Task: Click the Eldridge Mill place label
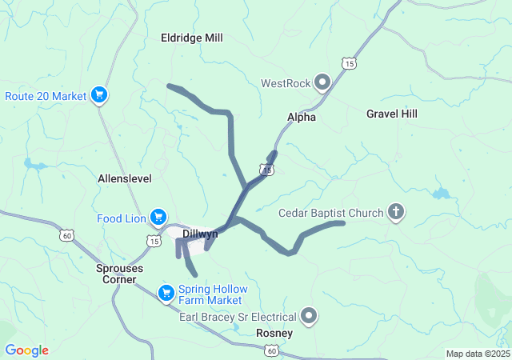[x=191, y=38]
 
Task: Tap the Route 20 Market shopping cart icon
[x=99, y=96]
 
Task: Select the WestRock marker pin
[x=322, y=82]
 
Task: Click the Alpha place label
[x=302, y=117]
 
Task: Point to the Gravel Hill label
[x=391, y=114]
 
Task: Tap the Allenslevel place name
[x=124, y=179]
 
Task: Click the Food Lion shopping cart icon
[x=158, y=218]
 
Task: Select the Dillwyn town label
[x=200, y=234]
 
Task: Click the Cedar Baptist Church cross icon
[x=394, y=213]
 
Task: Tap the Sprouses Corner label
[x=120, y=274]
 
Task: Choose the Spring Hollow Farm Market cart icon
[x=166, y=294]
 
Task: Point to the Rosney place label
[x=274, y=333]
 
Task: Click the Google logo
[x=26, y=350]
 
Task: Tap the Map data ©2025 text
[x=477, y=354]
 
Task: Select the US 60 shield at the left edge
[x=68, y=235]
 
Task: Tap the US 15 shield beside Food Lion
[x=152, y=241]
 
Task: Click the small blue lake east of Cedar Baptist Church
[x=440, y=194]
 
